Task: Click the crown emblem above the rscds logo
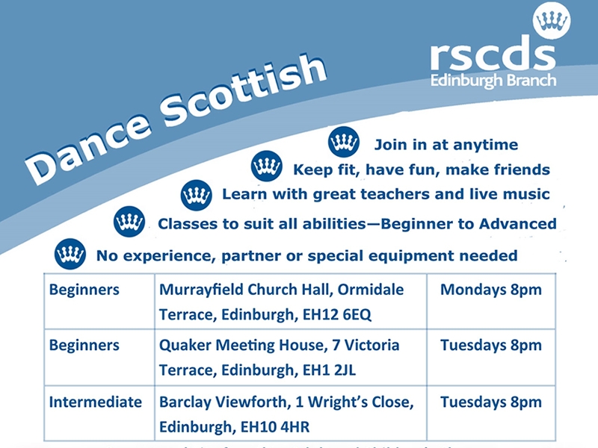(x=552, y=20)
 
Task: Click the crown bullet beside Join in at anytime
(x=344, y=142)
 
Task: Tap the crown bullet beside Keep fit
(x=266, y=167)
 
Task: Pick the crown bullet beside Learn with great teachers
(x=197, y=195)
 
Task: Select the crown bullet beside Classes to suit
(x=129, y=222)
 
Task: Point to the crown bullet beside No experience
(x=70, y=254)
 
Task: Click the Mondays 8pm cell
(x=490, y=290)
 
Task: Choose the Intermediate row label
(x=95, y=402)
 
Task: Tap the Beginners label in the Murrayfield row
(x=84, y=290)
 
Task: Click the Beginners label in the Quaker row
(x=84, y=346)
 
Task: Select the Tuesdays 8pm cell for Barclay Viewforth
(x=490, y=402)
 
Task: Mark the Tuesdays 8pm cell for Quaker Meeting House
(x=490, y=346)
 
